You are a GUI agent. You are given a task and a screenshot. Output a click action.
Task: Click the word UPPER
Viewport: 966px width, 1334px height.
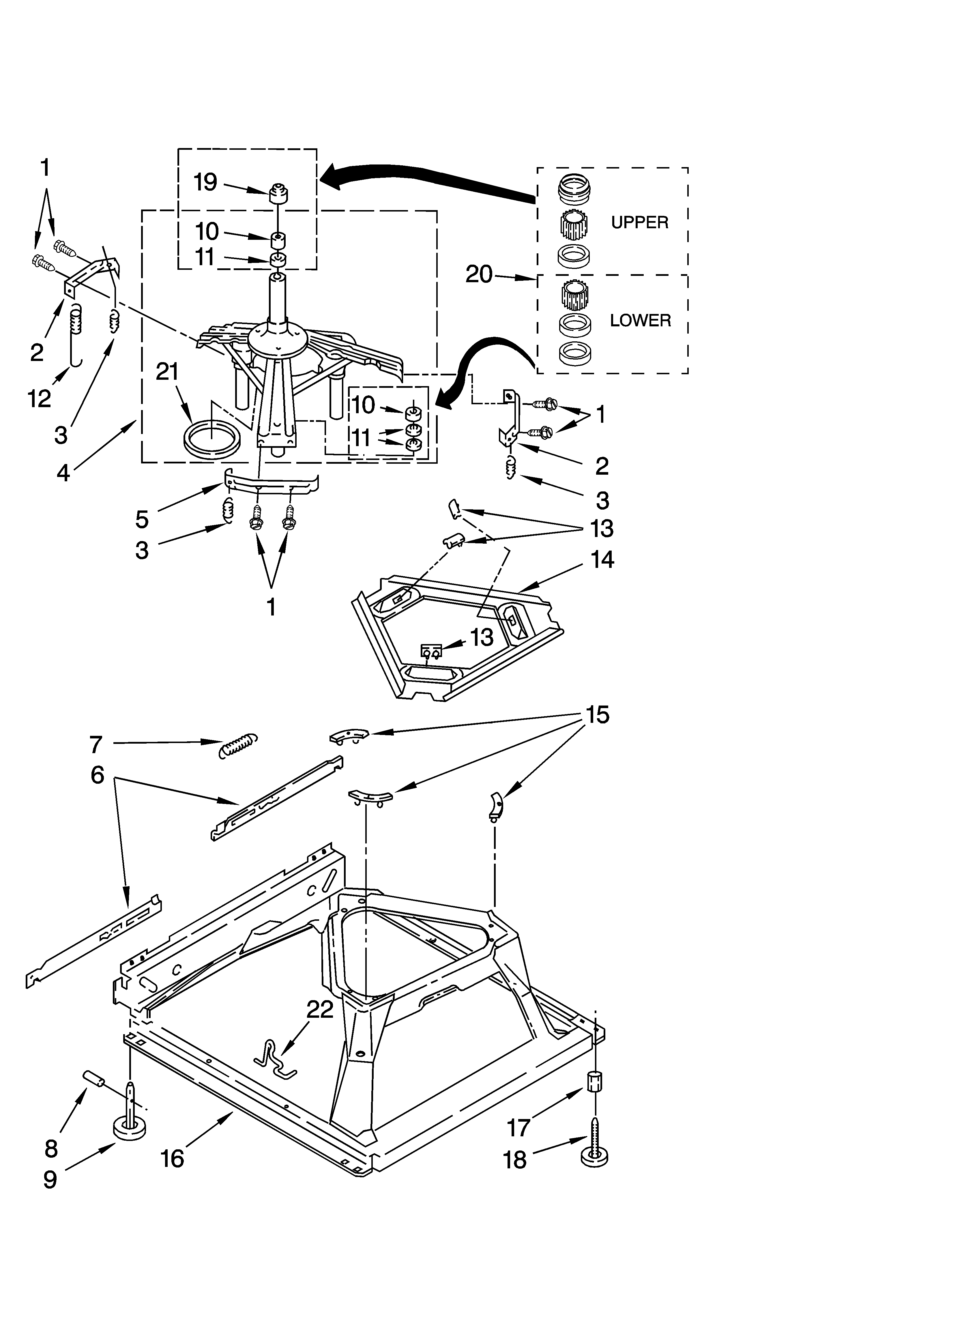coord(639,222)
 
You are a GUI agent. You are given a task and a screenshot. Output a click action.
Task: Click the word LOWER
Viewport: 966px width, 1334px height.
coord(640,321)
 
